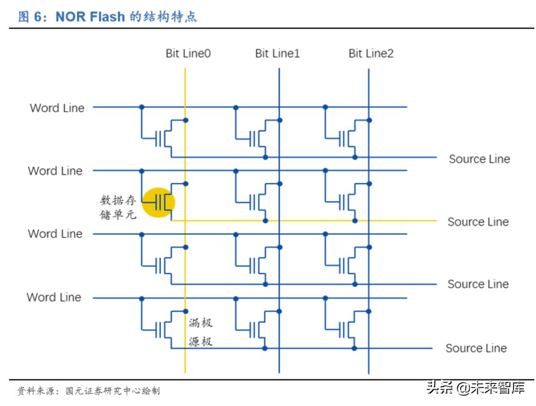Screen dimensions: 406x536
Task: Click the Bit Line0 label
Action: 188,53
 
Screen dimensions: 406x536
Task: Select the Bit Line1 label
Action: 277,53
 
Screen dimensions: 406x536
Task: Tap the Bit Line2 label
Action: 371,53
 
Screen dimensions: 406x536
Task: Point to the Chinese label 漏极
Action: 201,323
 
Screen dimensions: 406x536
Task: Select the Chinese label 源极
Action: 201,342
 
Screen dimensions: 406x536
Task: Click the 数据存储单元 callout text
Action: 119,207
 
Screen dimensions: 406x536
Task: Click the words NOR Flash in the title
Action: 90,16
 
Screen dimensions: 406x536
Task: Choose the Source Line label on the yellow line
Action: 478,222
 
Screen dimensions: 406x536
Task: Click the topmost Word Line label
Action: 57,108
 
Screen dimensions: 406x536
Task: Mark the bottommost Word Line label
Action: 53,297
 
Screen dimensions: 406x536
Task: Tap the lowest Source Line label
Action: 476,348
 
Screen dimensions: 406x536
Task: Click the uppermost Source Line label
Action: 479,159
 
